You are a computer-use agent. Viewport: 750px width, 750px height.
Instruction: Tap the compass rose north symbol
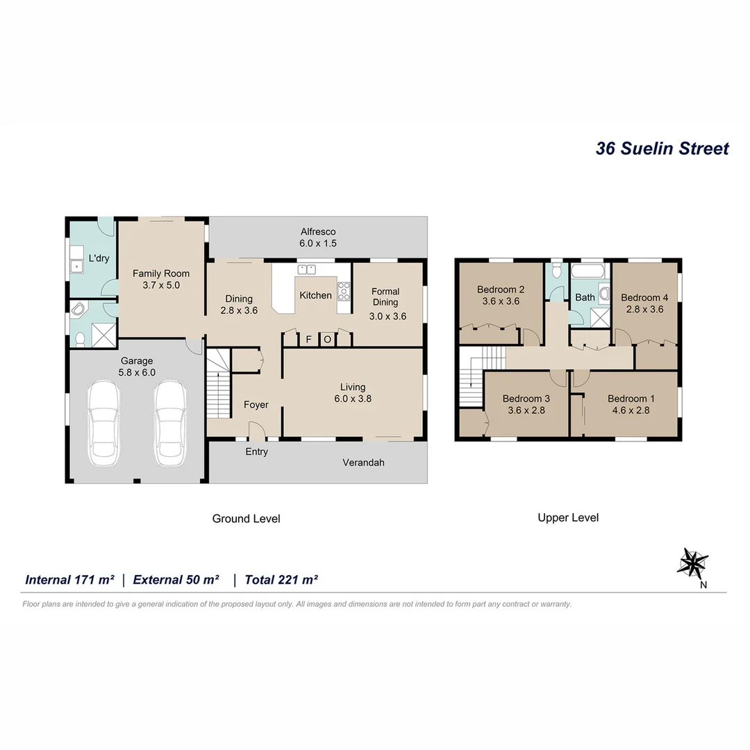(693, 562)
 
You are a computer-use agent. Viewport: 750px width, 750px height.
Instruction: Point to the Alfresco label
(318, 232)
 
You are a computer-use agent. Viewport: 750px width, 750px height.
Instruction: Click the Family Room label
(161, 274)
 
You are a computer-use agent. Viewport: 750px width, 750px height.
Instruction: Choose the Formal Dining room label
(385, 297)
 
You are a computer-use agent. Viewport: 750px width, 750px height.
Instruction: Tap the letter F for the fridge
(308, 340)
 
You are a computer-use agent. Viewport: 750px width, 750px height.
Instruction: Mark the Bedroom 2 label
(501, 290)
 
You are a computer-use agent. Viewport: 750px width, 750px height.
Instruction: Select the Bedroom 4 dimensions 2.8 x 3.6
(644, 309)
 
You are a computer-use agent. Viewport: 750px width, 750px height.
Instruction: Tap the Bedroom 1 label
(631, 399)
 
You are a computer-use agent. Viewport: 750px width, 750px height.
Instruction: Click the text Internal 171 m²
(69, 580)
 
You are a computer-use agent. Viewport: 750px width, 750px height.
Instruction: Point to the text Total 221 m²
(276, 580)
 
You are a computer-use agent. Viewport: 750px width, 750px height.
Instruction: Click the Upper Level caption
(568, 517)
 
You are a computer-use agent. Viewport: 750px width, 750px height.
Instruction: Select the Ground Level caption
(246, 519)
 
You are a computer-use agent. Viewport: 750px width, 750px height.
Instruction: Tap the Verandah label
(363, 462)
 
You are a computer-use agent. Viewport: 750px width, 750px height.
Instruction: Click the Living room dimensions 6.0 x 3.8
(353, 399)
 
